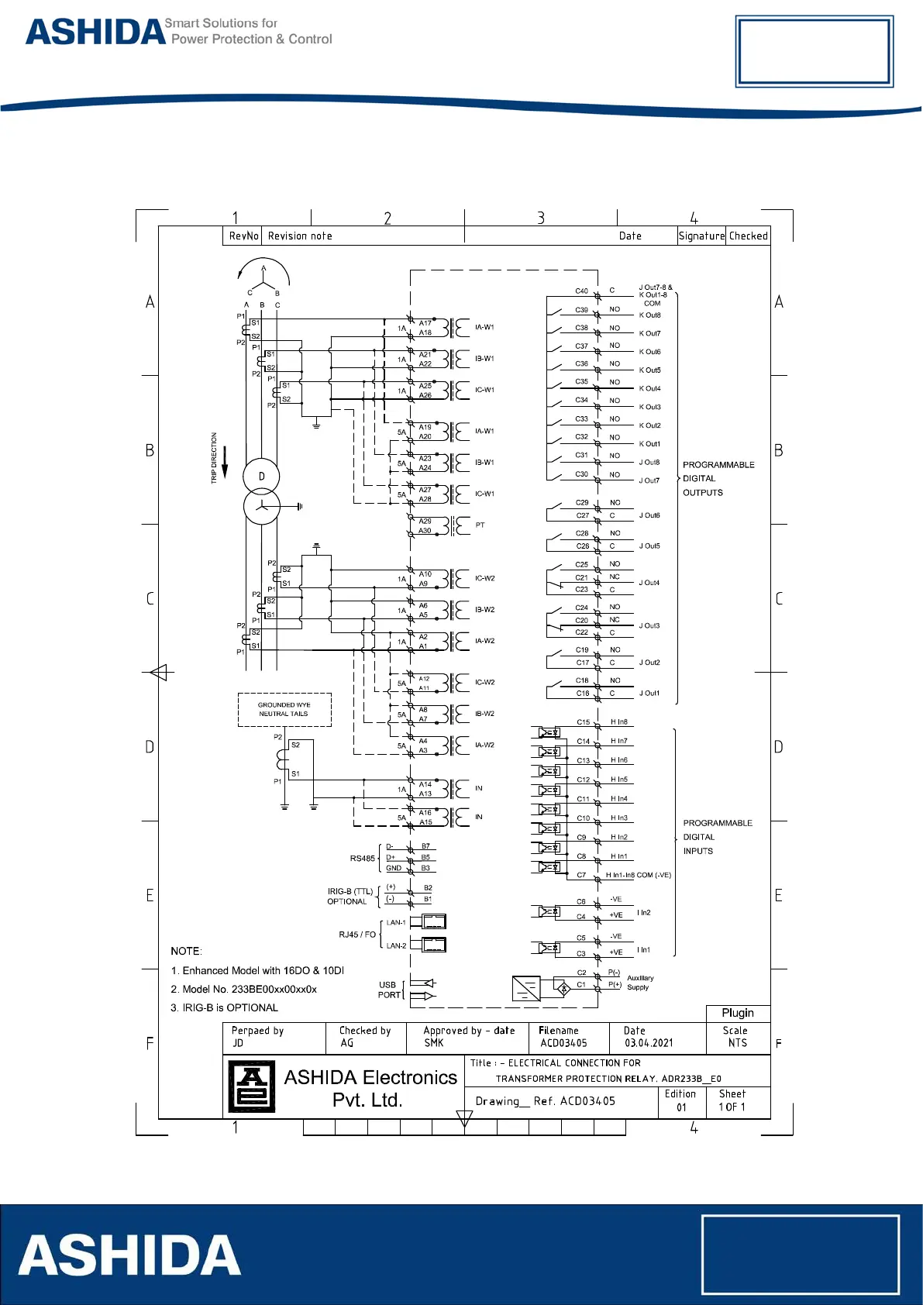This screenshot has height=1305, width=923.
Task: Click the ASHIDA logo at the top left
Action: [x=95, y=32]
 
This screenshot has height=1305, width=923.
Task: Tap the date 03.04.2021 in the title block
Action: [x=649, y=1043]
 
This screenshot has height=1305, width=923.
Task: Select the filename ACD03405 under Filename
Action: [x=563, y=1043]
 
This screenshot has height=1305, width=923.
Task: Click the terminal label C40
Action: [x=581, y=291]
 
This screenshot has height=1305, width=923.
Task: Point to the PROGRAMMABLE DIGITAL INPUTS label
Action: [x=717, y=837]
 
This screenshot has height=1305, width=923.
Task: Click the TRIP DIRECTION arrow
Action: [x=225, y=462]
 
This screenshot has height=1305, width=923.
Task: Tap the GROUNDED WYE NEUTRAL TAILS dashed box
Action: [x=284, y=710]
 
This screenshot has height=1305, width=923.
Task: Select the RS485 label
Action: [x=362, y=859]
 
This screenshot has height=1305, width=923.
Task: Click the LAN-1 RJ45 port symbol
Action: [x=433, y=921]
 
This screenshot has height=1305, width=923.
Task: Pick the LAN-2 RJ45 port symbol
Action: [x=433, y=945]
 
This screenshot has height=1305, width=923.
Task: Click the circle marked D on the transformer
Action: [x=261, y=477]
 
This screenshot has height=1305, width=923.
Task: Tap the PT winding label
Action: [x=480, y=525]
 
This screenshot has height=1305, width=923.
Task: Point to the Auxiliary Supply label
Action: [x=639, y=983]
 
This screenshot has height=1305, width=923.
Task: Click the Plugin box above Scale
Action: [x=737, y=1013]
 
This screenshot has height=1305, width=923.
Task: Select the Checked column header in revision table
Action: [x=748, y=236]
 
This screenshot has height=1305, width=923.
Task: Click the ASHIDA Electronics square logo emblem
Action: [x=252, y=1086]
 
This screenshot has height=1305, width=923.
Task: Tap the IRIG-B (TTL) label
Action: [x=350, y=891]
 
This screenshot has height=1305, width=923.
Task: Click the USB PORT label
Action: [x=388, y=990]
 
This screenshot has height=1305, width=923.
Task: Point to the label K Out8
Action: [x=649, y=315]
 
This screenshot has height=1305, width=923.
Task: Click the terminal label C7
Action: [x=581, y=875]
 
